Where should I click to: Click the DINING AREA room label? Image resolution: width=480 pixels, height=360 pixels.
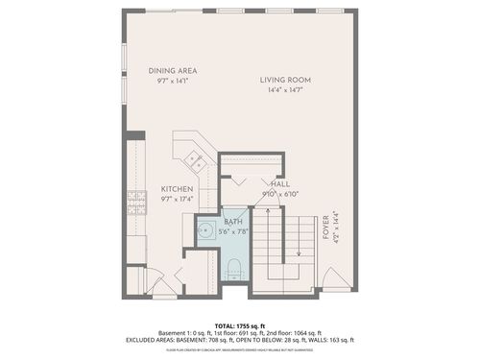tap(172, 70)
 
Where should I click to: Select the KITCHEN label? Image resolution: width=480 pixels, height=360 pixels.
tap(178, 189)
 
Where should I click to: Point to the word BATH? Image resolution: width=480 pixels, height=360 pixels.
tap(235, 221)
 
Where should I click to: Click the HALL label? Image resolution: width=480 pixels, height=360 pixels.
tap(280, 182)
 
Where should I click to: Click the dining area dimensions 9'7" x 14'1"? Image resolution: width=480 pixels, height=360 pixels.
tap(172, 82)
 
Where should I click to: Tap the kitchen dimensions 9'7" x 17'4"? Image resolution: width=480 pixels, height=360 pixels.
tap(178, 200)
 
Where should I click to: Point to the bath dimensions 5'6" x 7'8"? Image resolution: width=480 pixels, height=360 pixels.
tap(235, 231)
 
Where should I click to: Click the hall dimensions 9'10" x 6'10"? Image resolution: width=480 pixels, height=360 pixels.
tap(280, 193)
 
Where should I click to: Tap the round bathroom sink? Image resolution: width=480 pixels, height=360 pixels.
tap(206, 230)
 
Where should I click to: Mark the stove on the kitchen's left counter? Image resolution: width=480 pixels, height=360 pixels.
tap(134, 202)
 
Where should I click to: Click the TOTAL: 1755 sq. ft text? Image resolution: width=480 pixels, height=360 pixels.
tap(240, 324)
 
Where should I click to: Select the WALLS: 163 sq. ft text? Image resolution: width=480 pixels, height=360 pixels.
tap(325, 340)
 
